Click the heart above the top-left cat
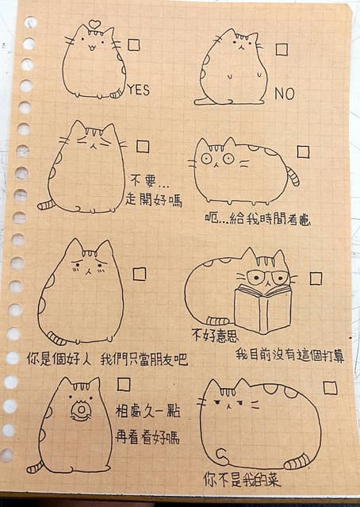tap(94, 24)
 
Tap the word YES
tap(138, 90)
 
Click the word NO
tap(284, 94)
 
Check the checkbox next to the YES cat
tap(133, 45)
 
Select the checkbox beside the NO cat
tap(281, 50)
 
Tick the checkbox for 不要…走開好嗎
tap(143, 146)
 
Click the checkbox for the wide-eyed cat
tap(303, 152)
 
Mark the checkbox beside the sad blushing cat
tap(140, 274)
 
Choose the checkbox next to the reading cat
tap(316, 278)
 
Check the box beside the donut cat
tap(124, 384)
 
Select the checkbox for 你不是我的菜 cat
tap(330, 388)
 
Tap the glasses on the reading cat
tap(267, 278)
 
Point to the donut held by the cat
tap(79, 411)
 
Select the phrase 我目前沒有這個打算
tap(289, 355)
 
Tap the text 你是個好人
tap(59, 359)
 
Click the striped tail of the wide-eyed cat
tap(293, 175)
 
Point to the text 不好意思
tap(215, 334)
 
